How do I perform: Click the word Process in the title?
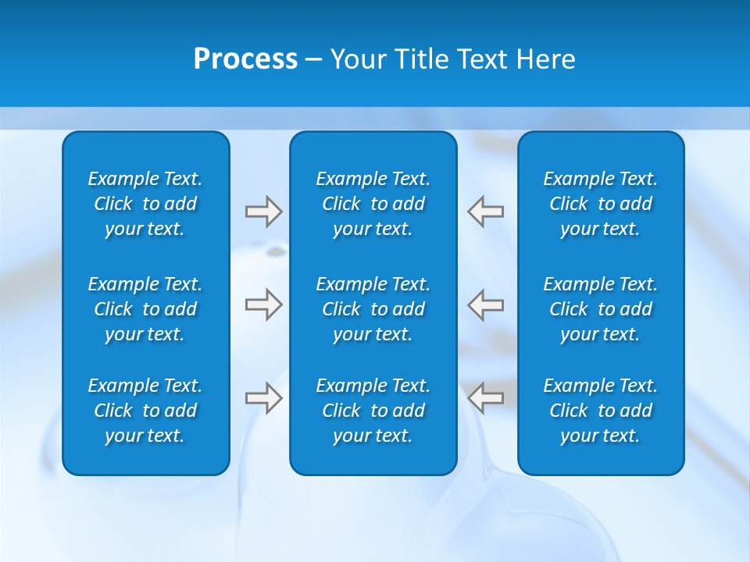coord(245,59)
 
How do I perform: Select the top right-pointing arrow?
coord(263,212)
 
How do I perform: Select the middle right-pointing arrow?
coord(263,304)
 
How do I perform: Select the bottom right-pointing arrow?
coord(263,398)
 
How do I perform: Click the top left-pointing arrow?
coord(486,212)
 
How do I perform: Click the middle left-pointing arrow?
coord(486,304)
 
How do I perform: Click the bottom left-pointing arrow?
coord(486,398)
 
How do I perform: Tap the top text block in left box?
coord(145,204)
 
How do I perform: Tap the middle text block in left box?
coord(145,309)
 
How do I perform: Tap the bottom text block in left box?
coord(145,411)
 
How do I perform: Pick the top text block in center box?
coord(373,204)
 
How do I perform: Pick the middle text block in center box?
coord(373,309)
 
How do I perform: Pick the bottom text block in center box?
coord(373,411)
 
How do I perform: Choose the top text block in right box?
coord(600,204)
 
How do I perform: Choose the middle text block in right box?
coord(600,309)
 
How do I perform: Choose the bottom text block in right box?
coord(600,411)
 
